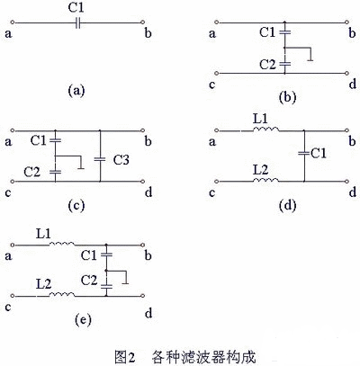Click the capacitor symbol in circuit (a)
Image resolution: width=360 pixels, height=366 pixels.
point(78,22)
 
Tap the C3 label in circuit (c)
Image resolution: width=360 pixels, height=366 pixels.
point(121,160)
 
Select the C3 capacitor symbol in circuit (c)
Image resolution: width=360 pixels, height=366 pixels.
point(100,159)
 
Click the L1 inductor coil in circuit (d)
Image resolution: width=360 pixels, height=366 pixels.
point(265,129)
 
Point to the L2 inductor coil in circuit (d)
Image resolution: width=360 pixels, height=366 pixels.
point(265,180)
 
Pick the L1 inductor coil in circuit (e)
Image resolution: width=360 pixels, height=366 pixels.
point(62,244)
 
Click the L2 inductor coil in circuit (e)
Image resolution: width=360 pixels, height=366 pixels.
point(62,294)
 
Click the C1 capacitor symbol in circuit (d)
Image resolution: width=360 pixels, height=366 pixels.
point(304,154)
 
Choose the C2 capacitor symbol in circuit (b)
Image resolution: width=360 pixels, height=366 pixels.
point(284,64)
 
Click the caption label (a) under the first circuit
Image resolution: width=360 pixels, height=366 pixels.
point(76,90)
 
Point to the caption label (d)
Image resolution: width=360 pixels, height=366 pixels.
point(287,205)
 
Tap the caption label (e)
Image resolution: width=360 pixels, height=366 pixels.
point(83,320)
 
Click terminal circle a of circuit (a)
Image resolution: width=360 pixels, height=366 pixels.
point(13,22)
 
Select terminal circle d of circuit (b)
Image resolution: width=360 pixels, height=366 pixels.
point(347,73)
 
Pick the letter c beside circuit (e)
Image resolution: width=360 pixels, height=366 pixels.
point(8,308)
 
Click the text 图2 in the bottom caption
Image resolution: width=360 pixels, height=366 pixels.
point(125,357)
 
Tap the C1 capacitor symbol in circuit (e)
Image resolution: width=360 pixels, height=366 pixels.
point(106,254)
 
